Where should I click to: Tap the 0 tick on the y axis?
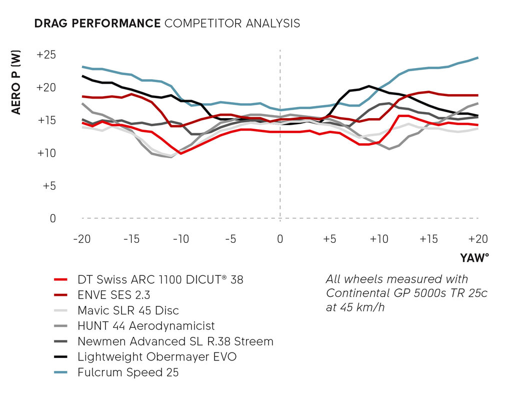pyautogui.click(x=53, y=218)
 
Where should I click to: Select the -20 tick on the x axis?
pyautogui.click(x=81, y=239)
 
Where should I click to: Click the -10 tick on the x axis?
pyautogui.click(x=180, y=239)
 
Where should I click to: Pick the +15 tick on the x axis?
pyautogui.click(x=429, y=239)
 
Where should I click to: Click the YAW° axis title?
pyautogui.click(x=474, y=258)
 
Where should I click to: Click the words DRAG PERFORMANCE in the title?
pyautogui.click(x=97, y=24)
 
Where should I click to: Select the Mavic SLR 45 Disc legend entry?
pyautogui.click(x=128, y=310)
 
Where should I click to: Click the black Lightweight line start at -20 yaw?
pyautogui.click(x=82, y=76)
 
